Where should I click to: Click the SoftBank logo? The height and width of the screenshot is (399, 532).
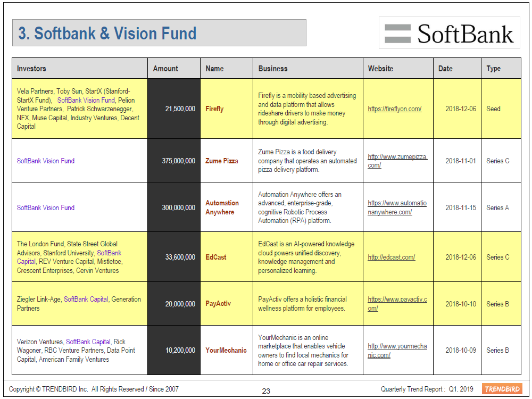pos(449,33)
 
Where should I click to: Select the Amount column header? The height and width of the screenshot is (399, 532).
pos(165,69)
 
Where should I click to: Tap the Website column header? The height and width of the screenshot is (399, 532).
pos(380,69)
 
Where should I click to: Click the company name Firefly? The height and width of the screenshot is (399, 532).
pos(214,109)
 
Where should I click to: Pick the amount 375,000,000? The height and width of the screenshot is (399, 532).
pos(178,161)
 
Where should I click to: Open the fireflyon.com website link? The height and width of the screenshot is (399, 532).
pos(395,109)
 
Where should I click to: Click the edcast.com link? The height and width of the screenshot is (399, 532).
pos(392,257)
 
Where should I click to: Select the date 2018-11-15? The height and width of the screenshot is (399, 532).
pos(461,207)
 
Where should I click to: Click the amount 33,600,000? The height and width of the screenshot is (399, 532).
pos(180,257)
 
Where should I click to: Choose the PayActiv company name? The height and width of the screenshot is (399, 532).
pos(218,304)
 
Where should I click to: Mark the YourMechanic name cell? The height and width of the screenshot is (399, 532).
pos(226,350)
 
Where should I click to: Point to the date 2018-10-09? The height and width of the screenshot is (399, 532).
pos(461,350)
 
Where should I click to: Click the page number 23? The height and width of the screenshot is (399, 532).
pos(266,391)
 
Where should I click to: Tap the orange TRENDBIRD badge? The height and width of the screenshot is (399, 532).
pos(502,389)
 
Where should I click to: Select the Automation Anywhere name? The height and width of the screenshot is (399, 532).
pos(222,207)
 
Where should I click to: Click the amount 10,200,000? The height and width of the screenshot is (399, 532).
pos(180,350)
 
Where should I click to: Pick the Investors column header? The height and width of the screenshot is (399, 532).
pos(31,69)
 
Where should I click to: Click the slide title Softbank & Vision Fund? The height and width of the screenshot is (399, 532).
pos(107,33)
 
